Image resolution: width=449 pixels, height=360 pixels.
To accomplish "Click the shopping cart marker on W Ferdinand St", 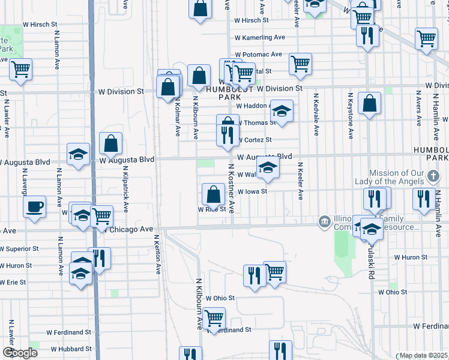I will [x=214, y=318].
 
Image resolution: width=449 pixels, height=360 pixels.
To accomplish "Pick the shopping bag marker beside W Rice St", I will [x=214, y=194].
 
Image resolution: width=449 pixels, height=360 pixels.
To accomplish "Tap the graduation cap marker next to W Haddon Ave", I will [x=282, y=110].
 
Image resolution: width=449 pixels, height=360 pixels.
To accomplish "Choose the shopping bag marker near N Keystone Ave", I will [x=369, y=103].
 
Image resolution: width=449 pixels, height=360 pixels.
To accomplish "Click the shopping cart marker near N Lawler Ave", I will [x=20, y=69].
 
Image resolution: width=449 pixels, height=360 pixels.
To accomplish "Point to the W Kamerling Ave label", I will [x=260, y=37].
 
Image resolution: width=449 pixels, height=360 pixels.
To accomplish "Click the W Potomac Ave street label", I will [x=258, y=54].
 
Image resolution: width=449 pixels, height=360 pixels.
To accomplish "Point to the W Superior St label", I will [x=19, y=248].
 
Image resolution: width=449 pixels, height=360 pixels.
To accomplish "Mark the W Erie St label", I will [x=13, y=282].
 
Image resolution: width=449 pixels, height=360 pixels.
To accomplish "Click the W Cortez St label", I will [x=255, y=140].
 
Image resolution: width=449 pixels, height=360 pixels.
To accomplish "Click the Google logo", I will [x=20, y=353].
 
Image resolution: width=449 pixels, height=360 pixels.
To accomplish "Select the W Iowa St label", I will [x=252, y=191].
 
